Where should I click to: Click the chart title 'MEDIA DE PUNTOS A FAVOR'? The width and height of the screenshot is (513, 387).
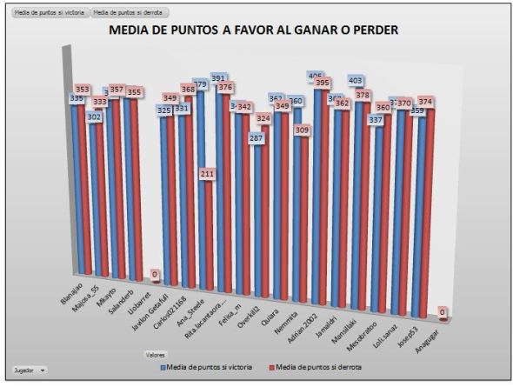tap(253, 30)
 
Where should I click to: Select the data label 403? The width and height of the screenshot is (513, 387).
tap(356, 80)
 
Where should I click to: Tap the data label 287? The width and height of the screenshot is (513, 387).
tap(256, 138)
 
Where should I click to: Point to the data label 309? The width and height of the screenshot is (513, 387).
tap(302, 130)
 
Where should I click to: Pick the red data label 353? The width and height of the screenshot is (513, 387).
tap(81, 89)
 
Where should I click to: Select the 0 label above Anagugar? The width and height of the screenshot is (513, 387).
tap(443, 311)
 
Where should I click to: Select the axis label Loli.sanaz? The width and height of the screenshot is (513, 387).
tap(396, 327)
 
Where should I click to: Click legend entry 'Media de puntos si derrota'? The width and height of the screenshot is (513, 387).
tap(321, 368)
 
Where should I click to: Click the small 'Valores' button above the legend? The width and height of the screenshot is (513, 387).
tap(155, 355)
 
